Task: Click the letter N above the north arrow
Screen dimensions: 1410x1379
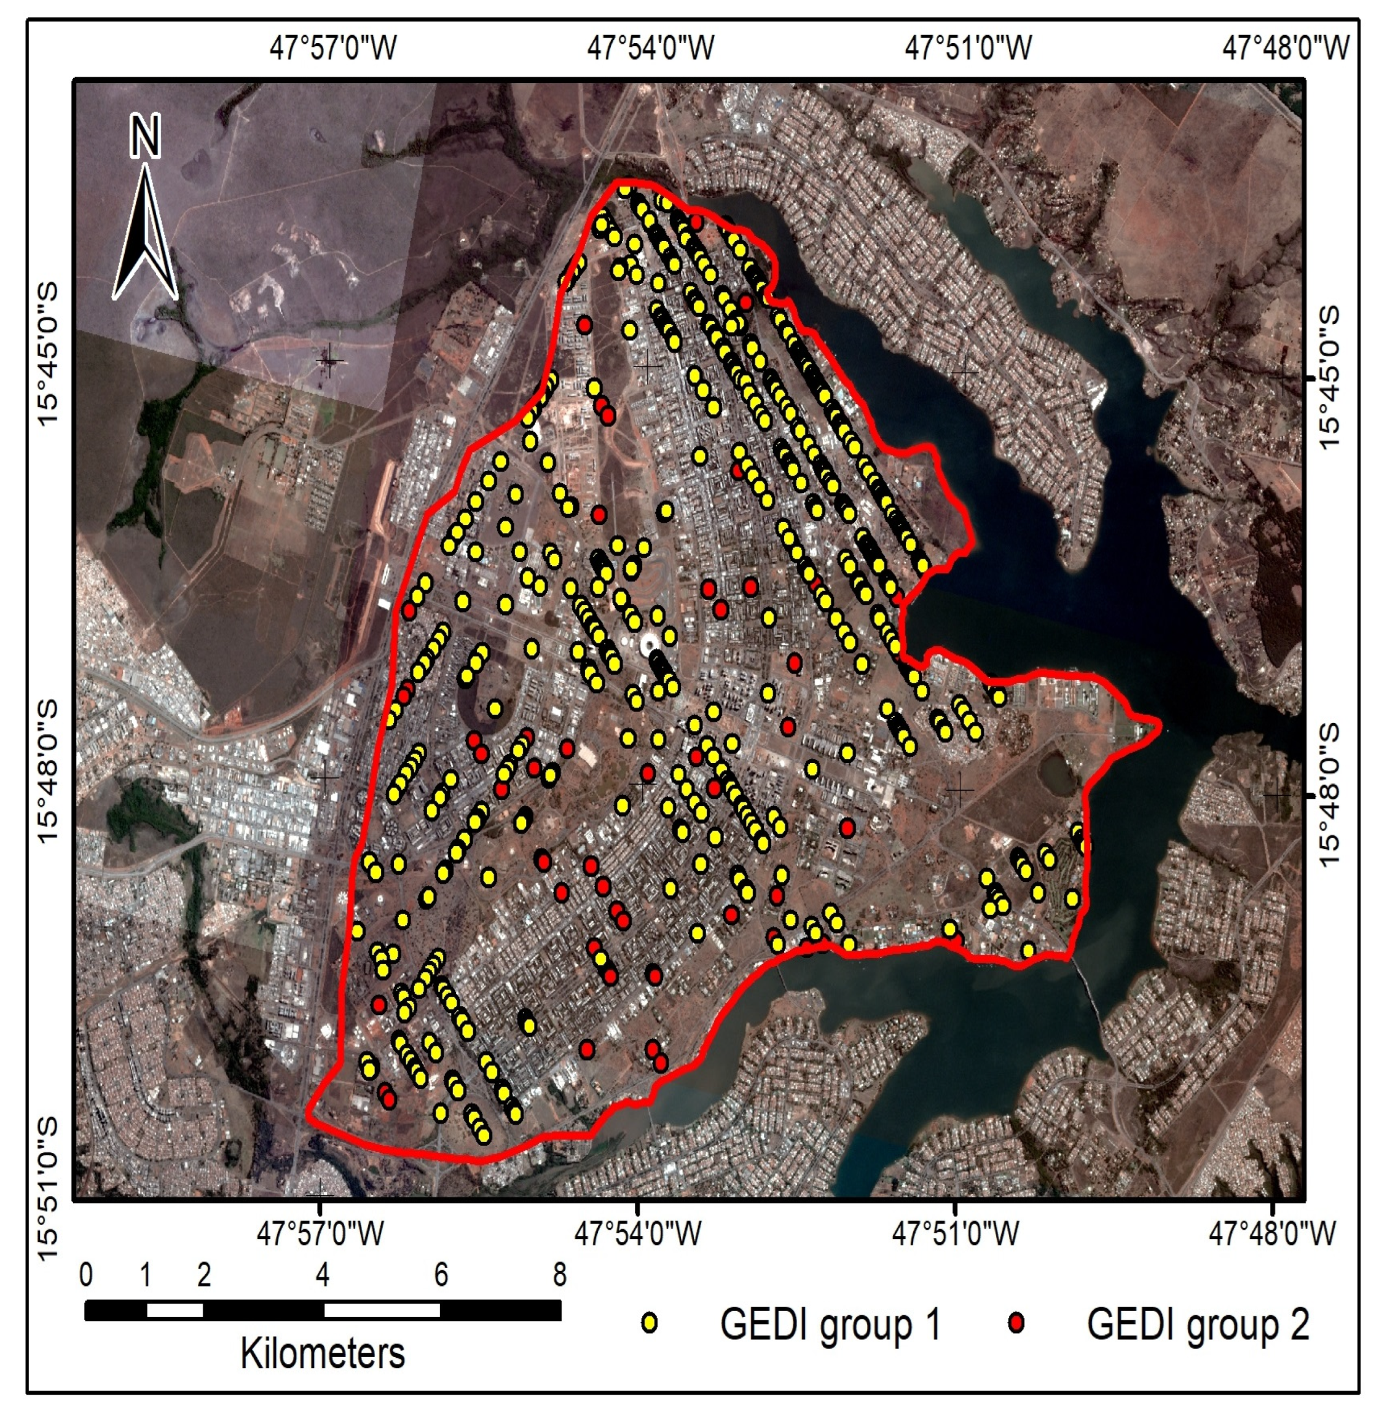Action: coord(146,138)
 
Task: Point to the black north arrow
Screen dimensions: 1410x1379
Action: coord(146,239)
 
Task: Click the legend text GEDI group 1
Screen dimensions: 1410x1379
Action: coord(830,1325)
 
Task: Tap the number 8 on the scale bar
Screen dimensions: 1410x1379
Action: coord(559,1275)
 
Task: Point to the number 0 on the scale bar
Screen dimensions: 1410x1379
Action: coord(86,1275)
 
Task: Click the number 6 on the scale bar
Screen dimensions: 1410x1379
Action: coord(441,1275)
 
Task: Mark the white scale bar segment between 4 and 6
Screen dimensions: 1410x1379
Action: coord(382,1310)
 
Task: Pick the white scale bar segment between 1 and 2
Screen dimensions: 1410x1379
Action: coord(175,1310)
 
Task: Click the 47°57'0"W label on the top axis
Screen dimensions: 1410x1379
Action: coord(334,49)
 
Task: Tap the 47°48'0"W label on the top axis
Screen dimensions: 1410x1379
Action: coord(1286,49)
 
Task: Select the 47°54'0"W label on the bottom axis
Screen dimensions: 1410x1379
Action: coord(638,1233)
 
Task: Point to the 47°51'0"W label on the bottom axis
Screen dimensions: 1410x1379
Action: coord(956,1233)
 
